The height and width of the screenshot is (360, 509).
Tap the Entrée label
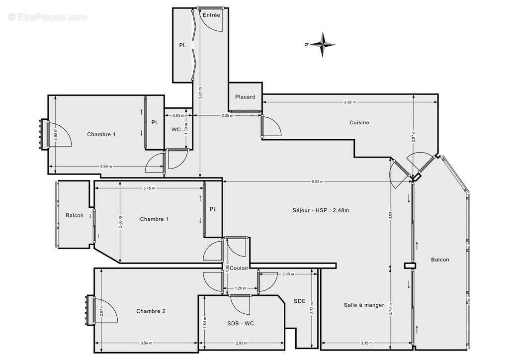[211, 15]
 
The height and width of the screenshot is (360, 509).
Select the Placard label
[245, 97]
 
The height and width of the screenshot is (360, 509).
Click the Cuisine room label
[359, 123]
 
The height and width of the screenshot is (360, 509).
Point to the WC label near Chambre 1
[176, 129]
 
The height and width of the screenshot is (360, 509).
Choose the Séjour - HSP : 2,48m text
[321, 210]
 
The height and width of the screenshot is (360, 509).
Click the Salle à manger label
[363, 305]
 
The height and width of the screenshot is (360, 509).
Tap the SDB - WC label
[241, 323]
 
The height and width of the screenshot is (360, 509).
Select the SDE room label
[299, 301]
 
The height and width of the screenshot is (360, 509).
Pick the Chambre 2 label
[151, 311]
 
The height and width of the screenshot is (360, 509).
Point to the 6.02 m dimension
[350, 102]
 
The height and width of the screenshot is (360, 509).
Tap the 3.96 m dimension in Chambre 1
[106, 166]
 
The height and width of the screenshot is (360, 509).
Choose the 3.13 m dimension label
[367, 343]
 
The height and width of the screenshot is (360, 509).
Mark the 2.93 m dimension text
[242, 343]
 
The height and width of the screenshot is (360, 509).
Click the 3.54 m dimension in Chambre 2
[146, 343]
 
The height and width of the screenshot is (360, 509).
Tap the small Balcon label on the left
[75, 215]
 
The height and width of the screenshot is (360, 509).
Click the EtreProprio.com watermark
[47, 17]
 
